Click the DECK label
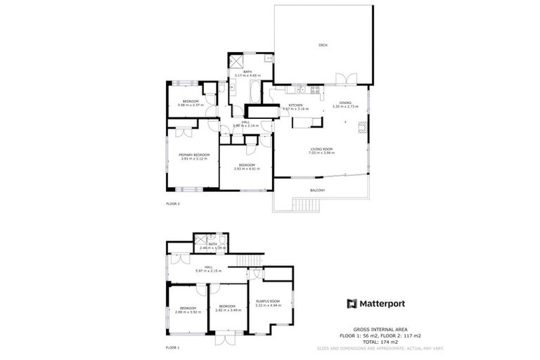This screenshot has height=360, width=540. (323, 45)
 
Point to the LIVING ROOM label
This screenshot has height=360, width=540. (322, 148)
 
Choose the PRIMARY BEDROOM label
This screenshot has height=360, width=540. (194, 154)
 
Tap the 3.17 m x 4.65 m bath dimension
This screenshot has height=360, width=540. (247, 75)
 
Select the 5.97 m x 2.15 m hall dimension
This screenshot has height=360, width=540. (208, 271)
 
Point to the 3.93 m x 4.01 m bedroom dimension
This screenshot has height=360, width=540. (246, 169)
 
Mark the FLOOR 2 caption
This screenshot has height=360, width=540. (173, 204)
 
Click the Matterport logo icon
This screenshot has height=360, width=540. (352, 304)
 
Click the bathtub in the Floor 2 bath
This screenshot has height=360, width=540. (254, 91)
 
